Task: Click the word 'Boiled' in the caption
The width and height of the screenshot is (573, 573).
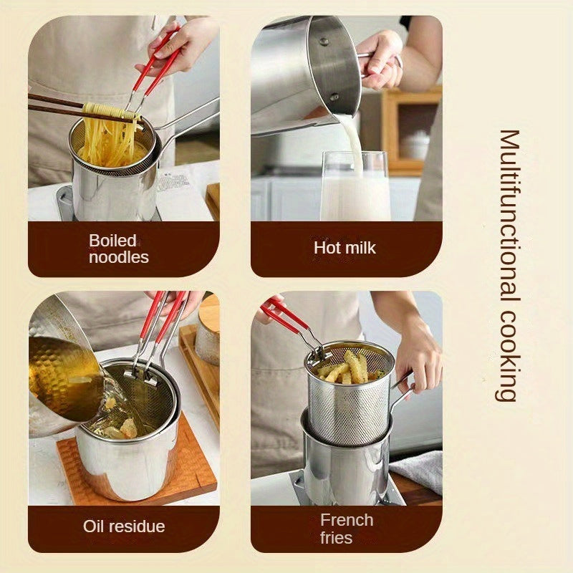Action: pyautogui.click(x=112, y=240)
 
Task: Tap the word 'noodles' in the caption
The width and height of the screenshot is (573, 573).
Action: pyautogui.click(x=118, y=257)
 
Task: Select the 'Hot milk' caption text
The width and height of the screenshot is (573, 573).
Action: pyautogui.click(x=345, y=248)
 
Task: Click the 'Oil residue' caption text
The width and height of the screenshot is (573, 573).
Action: pyautogui.click(x=124, y=526)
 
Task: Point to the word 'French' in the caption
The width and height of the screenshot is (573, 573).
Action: pyautogui.click(x=347, y=519)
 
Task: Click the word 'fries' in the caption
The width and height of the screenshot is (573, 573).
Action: pyautogui.click(x=336, y=537)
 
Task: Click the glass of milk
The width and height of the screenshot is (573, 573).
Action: pyautogui.click(x=355, y=190)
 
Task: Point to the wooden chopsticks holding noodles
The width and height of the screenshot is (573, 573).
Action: pyautogui.click(x=57, y=106)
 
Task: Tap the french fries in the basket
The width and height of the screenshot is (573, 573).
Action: pyautogui.click(x=347, y=367)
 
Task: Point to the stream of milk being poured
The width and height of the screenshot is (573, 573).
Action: pyautogui.click(x=353, y=140)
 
